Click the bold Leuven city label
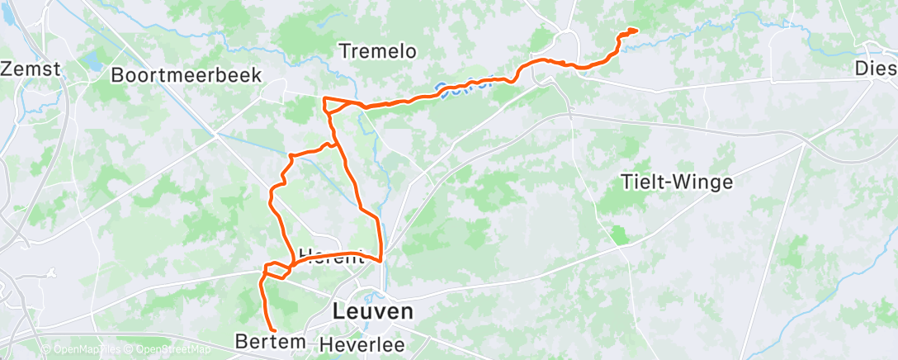tap(372, 312)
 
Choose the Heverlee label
tap(359, 342)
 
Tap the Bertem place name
tap(270, 341)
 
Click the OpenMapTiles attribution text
tap(85, 350)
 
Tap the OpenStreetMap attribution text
tap(168, 350)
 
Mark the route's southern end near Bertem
tap(272, 330)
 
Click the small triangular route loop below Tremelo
tap(334, 106)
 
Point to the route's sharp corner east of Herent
tap(380, 260)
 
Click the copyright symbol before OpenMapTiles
tap(45, 350)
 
